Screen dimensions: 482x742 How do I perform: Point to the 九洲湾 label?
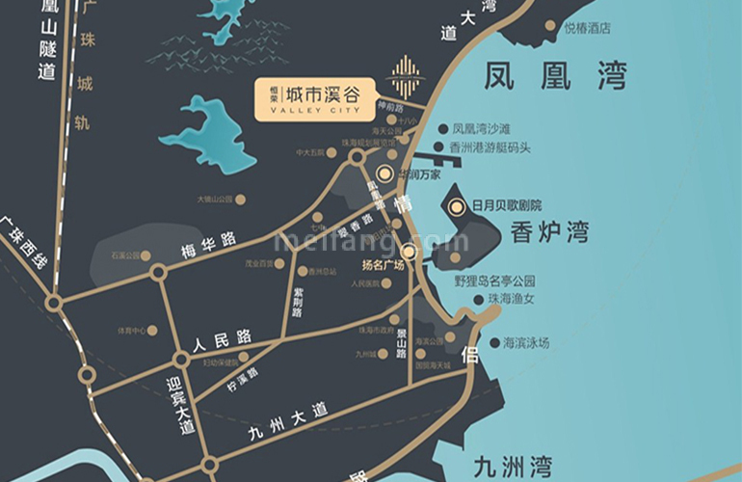pyautogui.click(x=513, y=466)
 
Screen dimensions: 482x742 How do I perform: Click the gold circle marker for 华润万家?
pyautogui.click(x=384, y=174)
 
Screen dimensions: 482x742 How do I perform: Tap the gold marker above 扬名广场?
pyautogui.click(x=409, y=252)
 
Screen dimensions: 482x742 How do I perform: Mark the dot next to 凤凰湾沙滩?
pyautogui.click(x=443, y=128)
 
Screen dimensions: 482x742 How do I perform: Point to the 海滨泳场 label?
pyautogui.click(x=526, y=342)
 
